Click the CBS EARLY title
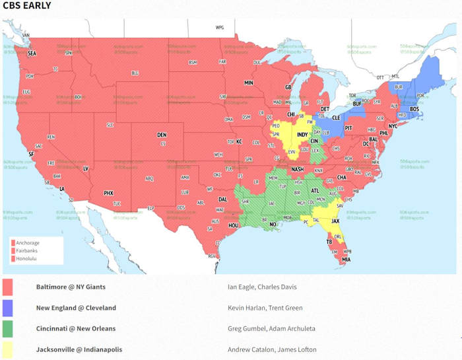[x=27, y=6]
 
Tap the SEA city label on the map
[x=32, y=54]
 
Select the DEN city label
[x=162, y=135]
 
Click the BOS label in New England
[x=414, y=109]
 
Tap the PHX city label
[x=109, y=193]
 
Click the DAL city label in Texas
[x=222, y=199]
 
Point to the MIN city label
[x=249, y=83]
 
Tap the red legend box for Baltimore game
[x=9, y=287]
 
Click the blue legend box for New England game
[x=9, y=308]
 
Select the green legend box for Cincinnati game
[x=9, y=328]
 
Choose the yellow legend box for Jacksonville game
[x=9, y=349]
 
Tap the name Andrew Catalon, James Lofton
[x=271, y=349]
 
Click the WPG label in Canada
[x=220, y=28]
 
